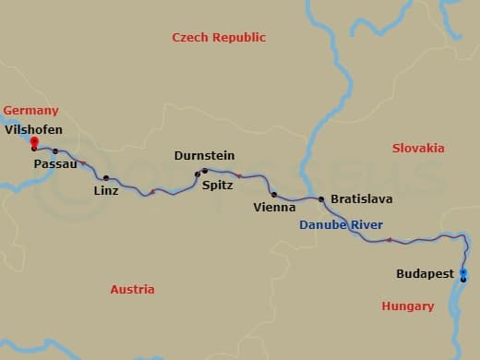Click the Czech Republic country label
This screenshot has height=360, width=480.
(219, 38)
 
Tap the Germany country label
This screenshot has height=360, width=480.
(30, 111)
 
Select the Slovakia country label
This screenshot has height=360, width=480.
(418, 149)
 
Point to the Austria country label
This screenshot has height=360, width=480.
(132, 290)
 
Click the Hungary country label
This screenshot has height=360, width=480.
(407, 306)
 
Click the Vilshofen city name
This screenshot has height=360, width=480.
(33, 130)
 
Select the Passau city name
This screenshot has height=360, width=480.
(54, 163)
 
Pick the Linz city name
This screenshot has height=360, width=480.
(106, 191)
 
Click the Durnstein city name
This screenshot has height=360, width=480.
(204, 156)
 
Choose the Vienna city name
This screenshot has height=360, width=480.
(274, 208)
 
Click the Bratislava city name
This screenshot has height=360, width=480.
(362, 198)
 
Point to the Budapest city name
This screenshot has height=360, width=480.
(425, 274)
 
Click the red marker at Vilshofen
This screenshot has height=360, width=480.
(33, 141)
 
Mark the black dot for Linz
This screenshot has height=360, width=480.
(106, 178)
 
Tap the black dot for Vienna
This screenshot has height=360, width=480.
(274, 195)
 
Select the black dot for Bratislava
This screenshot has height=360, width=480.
(321, 199)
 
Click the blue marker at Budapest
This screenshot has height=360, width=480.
(463, 271)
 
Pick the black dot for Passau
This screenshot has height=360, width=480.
(55, 151)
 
